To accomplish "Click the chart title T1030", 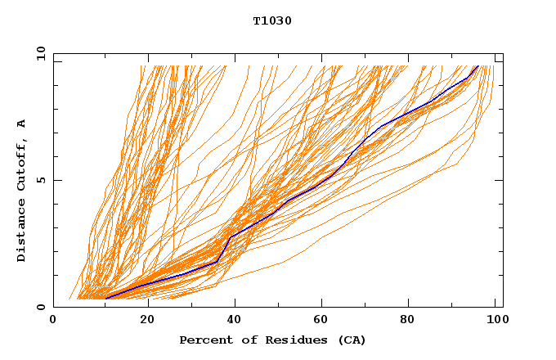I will point(272,21).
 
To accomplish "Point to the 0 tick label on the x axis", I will point(53,320).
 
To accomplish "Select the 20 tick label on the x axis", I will point(147,320).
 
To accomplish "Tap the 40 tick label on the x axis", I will point(236,320).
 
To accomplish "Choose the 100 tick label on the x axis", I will point(493,320).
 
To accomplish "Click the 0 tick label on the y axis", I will point(41,307).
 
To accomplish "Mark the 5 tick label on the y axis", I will point(41,180).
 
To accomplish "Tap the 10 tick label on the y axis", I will point(38,54).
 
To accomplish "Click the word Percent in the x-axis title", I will point(202,340).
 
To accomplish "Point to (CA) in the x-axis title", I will point(352,340).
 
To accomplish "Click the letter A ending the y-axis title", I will point(22,124).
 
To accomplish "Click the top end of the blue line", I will point(478,65).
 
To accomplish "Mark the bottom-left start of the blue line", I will point(106,297).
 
